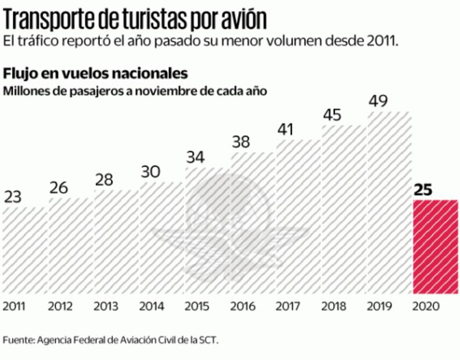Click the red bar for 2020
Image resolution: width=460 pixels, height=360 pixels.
coord(436,247)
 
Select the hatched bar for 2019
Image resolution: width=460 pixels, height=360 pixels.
coord(390,203)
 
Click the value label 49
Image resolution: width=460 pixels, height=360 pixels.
coord(380,100)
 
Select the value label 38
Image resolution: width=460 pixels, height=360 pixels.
coord(243,142)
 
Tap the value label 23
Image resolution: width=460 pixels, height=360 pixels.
coord(14,196)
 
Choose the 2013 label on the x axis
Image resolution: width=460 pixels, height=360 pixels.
coord(106,307)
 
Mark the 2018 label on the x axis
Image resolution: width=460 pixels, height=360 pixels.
coord(334,307)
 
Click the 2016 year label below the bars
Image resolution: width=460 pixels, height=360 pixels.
coord(243,307)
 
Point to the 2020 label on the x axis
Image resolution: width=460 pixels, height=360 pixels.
coord(426,307)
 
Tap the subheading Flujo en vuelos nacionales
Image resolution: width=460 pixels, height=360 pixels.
coord(95,74)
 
